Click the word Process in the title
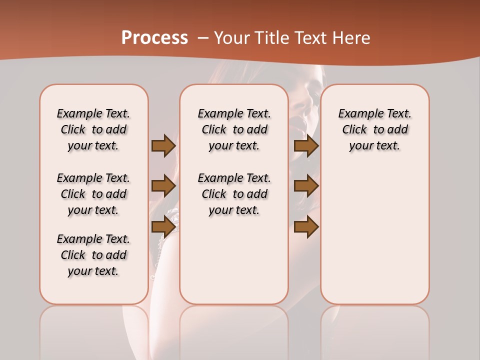point(154,37)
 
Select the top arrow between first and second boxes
point(163,145)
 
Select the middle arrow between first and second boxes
point(163,186)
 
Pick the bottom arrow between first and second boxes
point(163,227)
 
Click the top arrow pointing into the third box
point(306,145)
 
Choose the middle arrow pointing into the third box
point(306,186)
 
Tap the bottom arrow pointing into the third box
point(306,227)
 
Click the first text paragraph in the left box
point(93,129)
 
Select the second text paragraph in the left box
point(93,194)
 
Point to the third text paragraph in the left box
point(93,255)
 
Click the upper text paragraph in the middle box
point(234,129)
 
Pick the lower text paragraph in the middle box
point(234,194)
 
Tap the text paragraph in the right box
point(374,129)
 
